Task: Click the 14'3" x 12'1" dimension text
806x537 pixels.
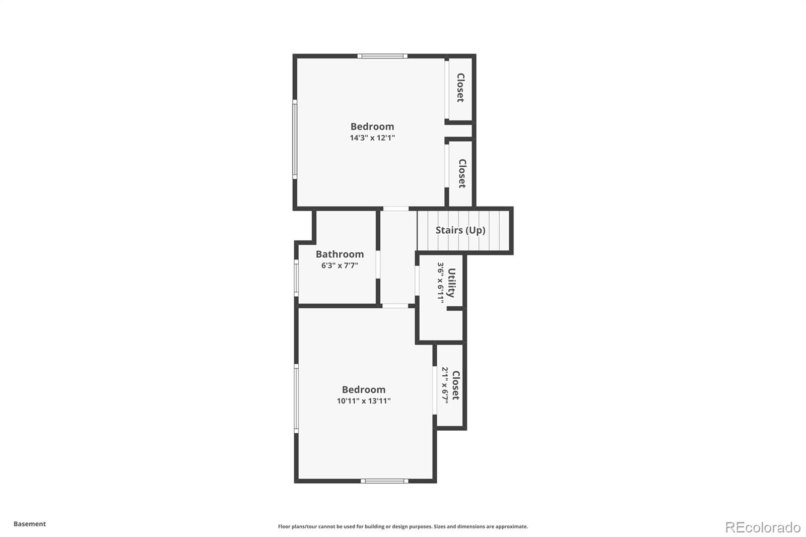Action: point(372,138)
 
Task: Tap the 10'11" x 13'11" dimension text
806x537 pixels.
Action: point(364,401)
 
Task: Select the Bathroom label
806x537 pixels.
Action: point(340,254)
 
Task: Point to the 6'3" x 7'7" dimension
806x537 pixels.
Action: point(340,265)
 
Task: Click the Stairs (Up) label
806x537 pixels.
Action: point(460,230)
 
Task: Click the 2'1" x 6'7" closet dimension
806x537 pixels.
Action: point(445,385)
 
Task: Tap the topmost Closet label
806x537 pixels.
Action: point(460,88)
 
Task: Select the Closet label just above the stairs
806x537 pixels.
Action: point(461,173)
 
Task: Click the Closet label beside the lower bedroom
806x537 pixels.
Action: point(456,385)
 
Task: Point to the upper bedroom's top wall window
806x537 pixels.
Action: point(382,56)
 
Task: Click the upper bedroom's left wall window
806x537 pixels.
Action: point(295,139)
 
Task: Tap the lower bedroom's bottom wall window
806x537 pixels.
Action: point(384,481)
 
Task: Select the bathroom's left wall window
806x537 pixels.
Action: point(296,278)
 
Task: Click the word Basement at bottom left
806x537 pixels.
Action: point(30,524)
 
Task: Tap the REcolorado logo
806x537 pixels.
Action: point(763,527)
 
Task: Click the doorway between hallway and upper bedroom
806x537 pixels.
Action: point(396,209)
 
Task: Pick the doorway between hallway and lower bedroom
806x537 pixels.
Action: point(396,305)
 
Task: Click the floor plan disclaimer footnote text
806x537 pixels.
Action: point(403,526)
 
